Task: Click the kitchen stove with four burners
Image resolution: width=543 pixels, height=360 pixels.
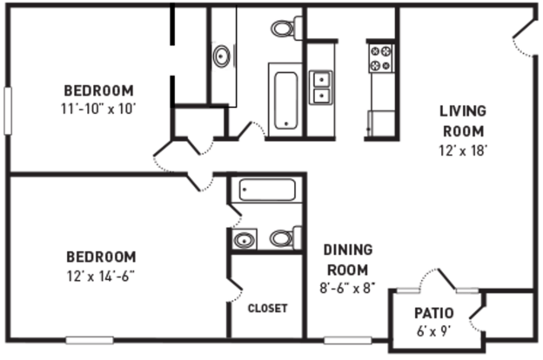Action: point(381,58)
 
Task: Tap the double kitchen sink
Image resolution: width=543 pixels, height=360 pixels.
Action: point(321,87)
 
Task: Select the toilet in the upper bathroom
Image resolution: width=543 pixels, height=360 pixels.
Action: point(286,29)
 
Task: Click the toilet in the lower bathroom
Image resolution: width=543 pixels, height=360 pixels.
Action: point(285,238)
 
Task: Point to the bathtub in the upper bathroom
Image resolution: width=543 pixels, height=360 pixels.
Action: point(285,100)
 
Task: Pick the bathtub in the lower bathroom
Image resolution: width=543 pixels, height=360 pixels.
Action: point(267,190)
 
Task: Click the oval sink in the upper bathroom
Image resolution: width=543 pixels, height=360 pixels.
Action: point(221,56)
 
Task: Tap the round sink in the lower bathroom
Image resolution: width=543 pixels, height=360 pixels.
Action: point(245,239)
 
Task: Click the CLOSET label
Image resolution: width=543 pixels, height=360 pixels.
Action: point(268,308)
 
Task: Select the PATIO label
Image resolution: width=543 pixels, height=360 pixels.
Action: point(434,313)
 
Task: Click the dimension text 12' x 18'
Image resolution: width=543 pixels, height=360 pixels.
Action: point(463,150)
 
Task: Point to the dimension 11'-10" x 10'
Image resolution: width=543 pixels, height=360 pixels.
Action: point(98,109)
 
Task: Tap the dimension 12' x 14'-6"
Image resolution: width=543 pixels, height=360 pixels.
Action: point(101,276)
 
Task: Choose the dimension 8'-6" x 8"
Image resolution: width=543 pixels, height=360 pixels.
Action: point(348,288)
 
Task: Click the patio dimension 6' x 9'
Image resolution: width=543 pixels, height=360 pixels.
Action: point(433,331)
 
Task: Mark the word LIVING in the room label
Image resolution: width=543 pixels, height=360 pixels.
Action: point(463,111)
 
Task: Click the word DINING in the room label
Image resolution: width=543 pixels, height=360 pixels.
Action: point(348,250)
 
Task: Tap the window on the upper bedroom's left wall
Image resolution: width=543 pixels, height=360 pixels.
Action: point(8,110)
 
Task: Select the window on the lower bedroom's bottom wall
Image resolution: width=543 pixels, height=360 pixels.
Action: point(90,340)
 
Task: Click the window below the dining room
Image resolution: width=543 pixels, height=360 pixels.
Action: point(348,340)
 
